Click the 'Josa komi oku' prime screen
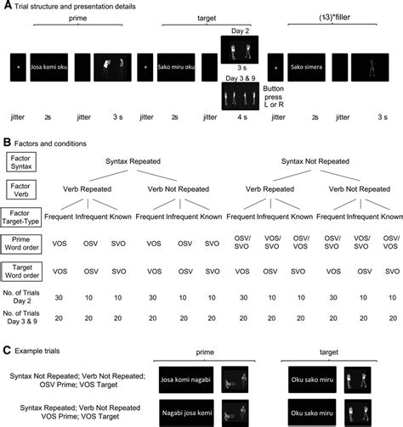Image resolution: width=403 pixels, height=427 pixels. point(49,64)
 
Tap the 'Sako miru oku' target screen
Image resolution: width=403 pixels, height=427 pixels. point(177,64)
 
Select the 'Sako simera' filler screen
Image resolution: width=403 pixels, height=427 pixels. point(307,64)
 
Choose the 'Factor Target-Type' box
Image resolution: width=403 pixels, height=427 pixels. point(23,218)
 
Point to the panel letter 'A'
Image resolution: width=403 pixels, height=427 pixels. point(6,7)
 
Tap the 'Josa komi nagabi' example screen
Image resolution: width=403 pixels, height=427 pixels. point(184,376)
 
